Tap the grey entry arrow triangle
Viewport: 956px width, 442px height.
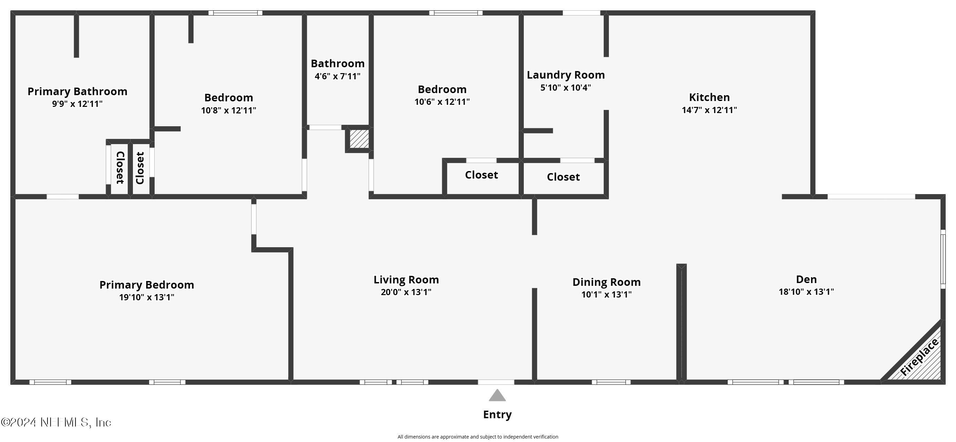pyautogui.click(x=497, y=396)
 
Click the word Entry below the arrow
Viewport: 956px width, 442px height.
pyautogui.click(x=497, y=414)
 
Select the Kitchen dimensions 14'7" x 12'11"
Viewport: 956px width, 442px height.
pyautogui.click(x=709, y=110)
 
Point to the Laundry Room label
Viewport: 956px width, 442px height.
pyautogui.click(x=565, y=75)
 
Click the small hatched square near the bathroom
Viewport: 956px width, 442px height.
pyautogui.click(x=359, y=139)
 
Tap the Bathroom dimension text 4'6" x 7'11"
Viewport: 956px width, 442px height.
pyautogui.click(x=337, y=77)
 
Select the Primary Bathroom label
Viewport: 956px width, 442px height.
pyautogui.click(x=77, y=91)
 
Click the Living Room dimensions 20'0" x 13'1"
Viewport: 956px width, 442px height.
pyautogui.click(x=406, y=292)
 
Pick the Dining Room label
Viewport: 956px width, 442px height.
pyautogui.click(x=606, y=282)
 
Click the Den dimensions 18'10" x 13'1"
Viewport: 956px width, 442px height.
pyautogui.click(x=806, y=292)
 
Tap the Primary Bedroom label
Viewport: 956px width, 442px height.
pyautogui.click(x=147, y=285)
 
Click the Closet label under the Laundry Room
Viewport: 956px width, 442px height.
pyautogui.click(x=563, y=177)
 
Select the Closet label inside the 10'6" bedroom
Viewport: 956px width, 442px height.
pyautogui.click(x=481, y=175)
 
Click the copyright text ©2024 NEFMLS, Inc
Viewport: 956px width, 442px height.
pyautogui.click(x=56, y=422)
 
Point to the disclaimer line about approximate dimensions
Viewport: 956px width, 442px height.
pyautogui.click(x=477, y=437)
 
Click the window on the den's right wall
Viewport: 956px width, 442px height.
pyautogui.click(x=943, y=259)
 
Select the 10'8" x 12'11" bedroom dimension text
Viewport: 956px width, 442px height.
pyautogui.click(x=228, y=110)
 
